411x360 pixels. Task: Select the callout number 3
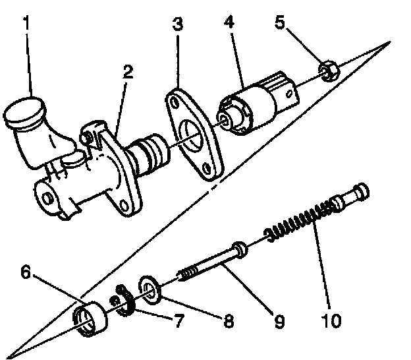tap(177, 24)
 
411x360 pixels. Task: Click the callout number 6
tap(24, 272)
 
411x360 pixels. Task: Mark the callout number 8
tap(229, 322)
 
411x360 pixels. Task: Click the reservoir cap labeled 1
tap(23, 113)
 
